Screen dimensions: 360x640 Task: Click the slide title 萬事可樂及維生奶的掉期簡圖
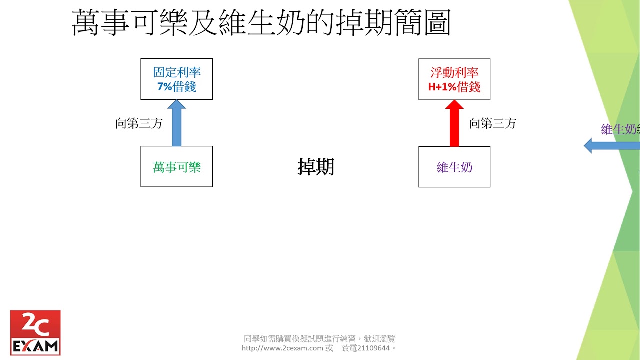261,23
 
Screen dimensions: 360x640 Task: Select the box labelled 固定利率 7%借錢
176,79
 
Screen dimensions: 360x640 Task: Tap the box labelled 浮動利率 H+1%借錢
454,79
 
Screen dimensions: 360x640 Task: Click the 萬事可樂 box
176,167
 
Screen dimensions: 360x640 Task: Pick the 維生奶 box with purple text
454,167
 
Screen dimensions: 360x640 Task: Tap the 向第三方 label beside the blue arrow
139,124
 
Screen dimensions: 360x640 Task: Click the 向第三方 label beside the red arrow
492,124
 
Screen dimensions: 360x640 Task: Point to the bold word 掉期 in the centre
315,167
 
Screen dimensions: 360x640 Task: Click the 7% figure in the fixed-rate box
164,86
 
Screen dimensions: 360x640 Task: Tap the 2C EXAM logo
35,332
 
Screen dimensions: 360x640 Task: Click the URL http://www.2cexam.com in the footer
282,348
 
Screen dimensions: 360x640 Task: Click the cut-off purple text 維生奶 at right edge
620,130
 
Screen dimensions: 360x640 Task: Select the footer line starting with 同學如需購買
319,339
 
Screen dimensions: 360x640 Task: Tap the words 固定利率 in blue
176,72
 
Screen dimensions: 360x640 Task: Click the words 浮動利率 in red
454,72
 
